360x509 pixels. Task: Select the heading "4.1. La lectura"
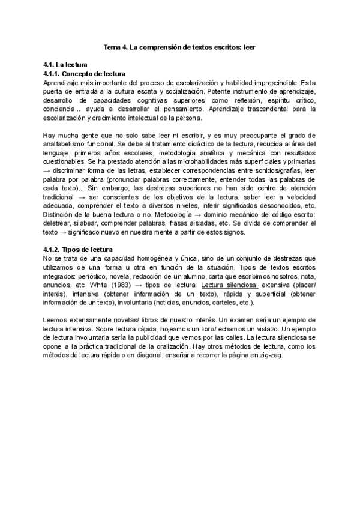(65, 64)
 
